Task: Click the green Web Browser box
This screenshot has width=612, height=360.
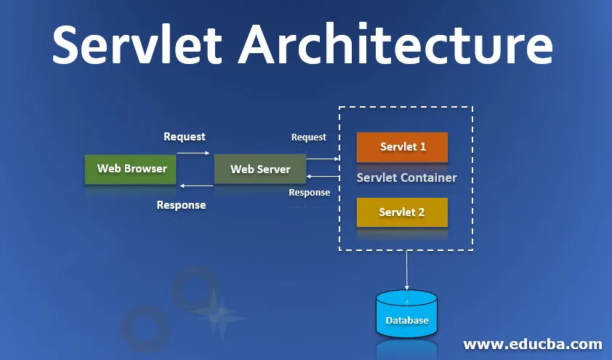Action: [x=132, y=169]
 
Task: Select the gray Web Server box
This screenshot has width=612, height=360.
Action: [x=259, y=169]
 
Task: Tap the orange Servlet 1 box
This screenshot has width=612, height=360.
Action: [x=402, y=147]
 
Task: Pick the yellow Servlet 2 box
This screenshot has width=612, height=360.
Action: [x=402, y=212]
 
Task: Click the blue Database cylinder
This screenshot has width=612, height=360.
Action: [x=406, y=314]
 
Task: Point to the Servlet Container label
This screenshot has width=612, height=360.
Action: [x=406, y=178]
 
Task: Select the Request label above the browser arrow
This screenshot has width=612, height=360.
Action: [x=184, y=137]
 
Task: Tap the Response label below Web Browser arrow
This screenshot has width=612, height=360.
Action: [x=181, y=205]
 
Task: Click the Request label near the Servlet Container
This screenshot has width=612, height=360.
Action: [x=308, y=137]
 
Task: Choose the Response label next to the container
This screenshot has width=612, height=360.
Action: [x=309, y=193]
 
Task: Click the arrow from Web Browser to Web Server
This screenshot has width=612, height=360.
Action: [x=193, y=153]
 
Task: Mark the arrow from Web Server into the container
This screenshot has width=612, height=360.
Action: [x=323, y=158]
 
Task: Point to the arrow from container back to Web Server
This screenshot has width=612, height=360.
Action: [x=323, y=176]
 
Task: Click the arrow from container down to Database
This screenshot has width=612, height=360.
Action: [x=406, y=269]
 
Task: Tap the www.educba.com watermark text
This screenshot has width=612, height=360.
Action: [x=532, y=343]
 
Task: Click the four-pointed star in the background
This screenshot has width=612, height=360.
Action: [x=215, y=313]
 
